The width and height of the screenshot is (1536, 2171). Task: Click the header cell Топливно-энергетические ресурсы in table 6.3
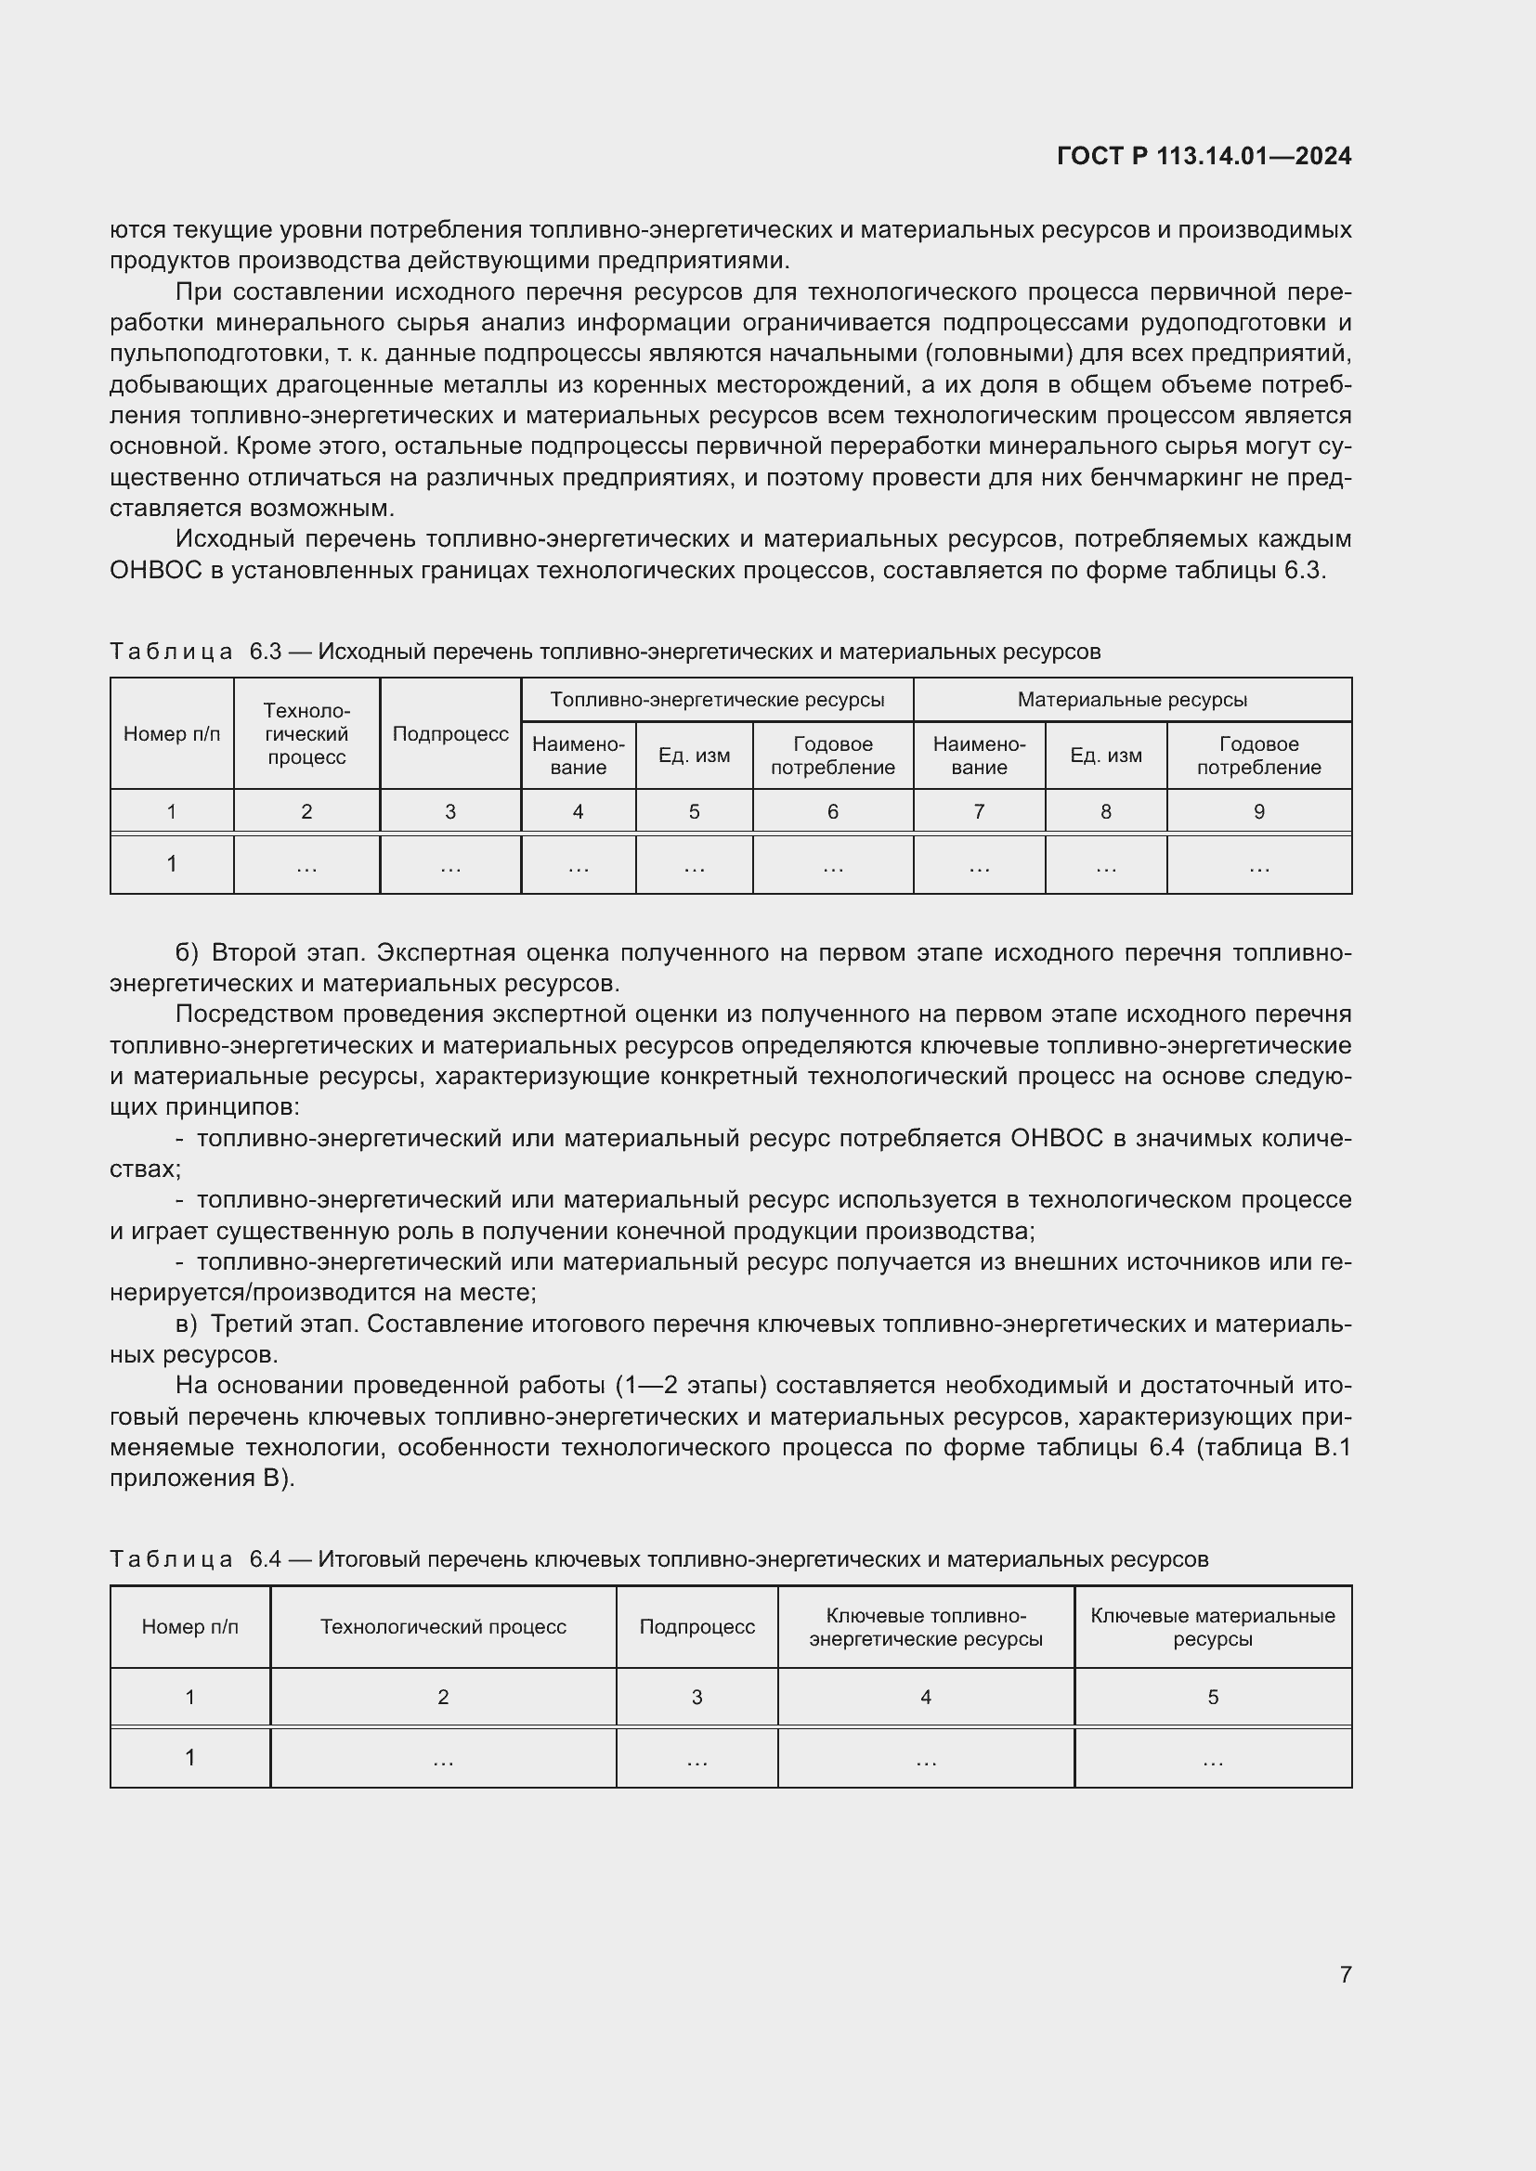717,700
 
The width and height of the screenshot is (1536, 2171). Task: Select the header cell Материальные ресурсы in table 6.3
1132,700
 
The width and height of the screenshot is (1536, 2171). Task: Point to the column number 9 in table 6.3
1258,811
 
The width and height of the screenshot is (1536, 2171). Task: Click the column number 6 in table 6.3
832,811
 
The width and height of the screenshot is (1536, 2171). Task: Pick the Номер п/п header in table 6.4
190,1626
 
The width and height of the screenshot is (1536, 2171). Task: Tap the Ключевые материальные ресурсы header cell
1213,1626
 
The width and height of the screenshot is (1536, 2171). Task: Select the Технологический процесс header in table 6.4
443,1626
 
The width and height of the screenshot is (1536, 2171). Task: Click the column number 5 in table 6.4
1213,1698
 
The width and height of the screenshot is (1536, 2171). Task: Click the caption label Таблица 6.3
196,652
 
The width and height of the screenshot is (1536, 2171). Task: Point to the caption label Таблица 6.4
196,1558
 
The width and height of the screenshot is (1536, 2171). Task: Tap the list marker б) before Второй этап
188,952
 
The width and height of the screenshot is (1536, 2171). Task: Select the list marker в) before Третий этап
188,1324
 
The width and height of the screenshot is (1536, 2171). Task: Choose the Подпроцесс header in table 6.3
450,734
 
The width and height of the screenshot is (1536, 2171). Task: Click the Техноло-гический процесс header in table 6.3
306,734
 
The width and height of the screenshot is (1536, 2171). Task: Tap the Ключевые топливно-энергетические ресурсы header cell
925,1626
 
